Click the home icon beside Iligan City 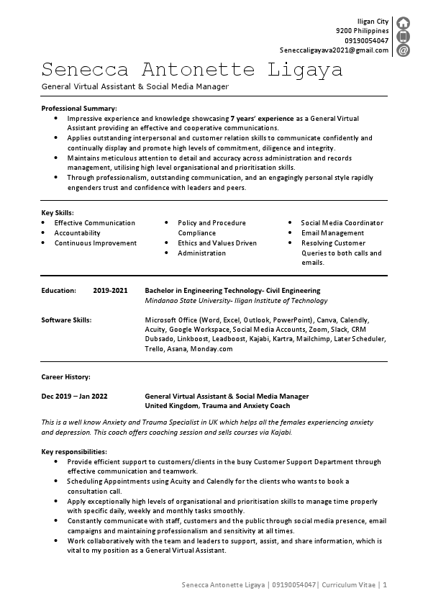(x=404, y=22)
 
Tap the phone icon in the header (x=404, y=36)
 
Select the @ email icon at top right (x=404, y=50)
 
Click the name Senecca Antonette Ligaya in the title (x=192, y=71)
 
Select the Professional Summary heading (x=79, y=108)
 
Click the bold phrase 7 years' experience (x=263, y=118)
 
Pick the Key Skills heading (x=58, y=213)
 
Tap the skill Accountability (x=78, y=233)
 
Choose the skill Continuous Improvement (x=96, y=243)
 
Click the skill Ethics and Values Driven (x=217, y=243)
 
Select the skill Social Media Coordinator (x=342, y=223)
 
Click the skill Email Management (x=332, y=233)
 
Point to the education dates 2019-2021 (x=110, y=291)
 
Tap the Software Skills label (x=66, y=320)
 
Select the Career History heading (x=65, y=376)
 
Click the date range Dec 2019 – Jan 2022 (x=75, y=396)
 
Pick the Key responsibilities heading (x=74, y=451)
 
